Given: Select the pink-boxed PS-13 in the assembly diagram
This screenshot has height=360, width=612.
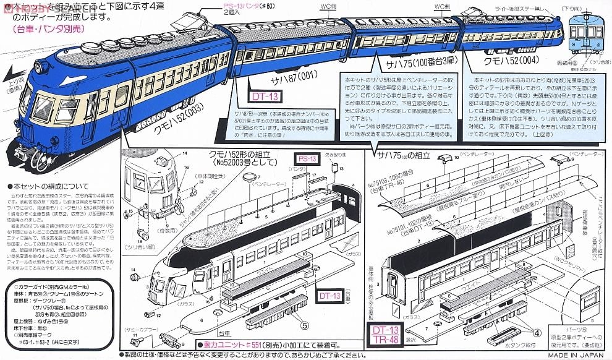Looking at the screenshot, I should [x=305, y=158].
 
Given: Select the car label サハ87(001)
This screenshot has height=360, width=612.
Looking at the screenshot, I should [x=284, y=72].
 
